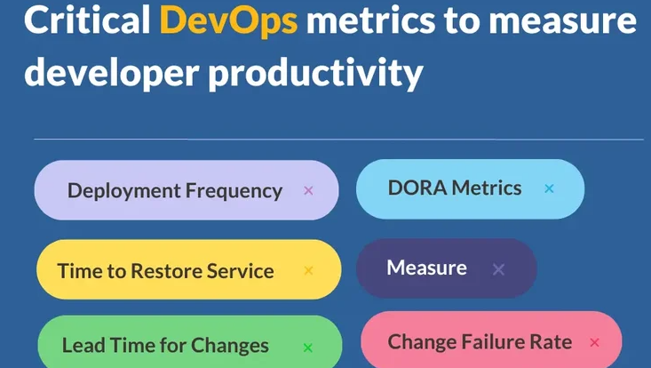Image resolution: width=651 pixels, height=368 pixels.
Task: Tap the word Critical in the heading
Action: click(x=87, y=19)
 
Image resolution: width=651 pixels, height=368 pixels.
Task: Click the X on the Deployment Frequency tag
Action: click(x=308, y=190)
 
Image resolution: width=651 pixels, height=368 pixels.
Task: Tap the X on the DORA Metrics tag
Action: click(x=549, y=188)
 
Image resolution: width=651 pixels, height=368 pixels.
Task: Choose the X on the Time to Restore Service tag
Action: click(x=308, y=270)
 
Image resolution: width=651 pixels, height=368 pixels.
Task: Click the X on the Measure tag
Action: click(x=498, y=269)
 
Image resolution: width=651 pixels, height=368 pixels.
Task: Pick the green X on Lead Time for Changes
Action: click(x=307, y=348)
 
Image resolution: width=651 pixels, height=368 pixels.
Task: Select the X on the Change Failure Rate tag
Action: click(x=594, y=342)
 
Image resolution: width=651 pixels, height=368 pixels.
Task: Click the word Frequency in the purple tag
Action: click(x=234, y=191)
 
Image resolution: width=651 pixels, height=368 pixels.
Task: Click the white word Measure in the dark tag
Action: click(x=427, y=268)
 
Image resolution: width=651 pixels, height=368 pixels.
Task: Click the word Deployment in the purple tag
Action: click(x=124, y=191)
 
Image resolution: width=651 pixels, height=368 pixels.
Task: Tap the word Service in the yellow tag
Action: click(x=240, y=271)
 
